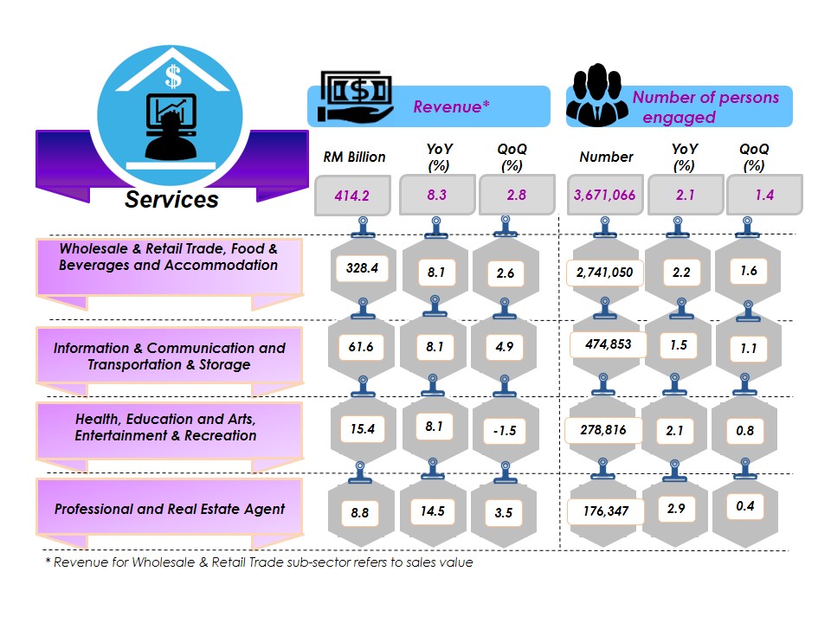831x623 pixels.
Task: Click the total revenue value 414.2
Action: (x=352, y=196)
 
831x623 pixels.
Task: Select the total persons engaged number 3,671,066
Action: (x=604, y=196)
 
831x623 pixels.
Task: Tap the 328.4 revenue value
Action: (x=362, y=268)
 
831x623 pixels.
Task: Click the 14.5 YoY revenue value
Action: (x=432, y=511)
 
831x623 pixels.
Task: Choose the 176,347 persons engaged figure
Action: (x=606, y=511)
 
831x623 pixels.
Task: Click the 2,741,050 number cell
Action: (x=604, y=273)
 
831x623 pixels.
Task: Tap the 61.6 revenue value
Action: (x=361, y=347)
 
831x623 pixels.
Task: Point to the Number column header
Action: (x=606, y=157)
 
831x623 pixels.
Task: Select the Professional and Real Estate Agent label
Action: (x=170, y=509)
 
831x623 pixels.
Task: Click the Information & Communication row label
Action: (x=169, y=356)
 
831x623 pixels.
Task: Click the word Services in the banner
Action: (x=171, y=200)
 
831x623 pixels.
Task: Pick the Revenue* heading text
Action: (x=451, y=106)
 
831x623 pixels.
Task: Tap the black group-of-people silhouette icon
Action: (x=598, y=96)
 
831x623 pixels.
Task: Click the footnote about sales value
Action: (x=259, y=562)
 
